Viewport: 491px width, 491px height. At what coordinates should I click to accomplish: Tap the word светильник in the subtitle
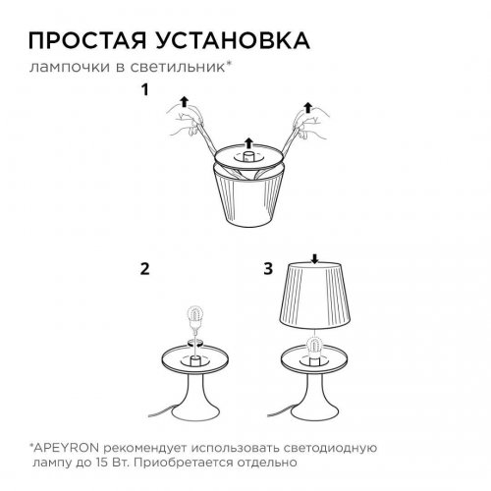tap(196, 67)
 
